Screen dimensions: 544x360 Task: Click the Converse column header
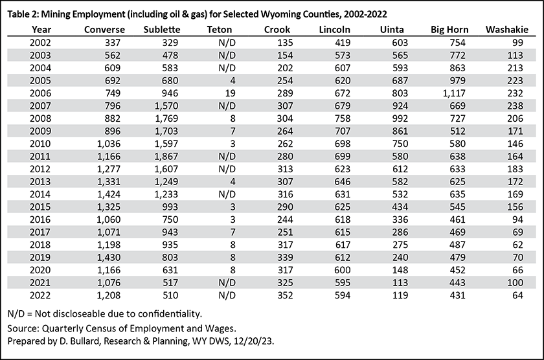pos(104,30)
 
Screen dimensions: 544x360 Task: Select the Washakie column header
pos(507,30)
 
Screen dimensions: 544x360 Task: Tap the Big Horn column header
pos(449,30)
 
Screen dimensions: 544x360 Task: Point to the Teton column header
pos(220,30)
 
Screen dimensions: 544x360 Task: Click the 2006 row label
pos(40,93)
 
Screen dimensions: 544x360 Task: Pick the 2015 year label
pos(40,207)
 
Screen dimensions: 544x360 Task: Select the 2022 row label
pos(40,295)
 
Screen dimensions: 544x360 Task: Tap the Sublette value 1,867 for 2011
pos(166,157)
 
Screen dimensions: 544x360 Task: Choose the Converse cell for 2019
pos(109,257)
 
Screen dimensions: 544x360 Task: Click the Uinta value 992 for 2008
pos(400,118)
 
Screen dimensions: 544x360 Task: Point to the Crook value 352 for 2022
pos(285,295)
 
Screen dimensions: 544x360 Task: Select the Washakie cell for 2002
pos(517,43)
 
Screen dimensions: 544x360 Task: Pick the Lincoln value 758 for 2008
pos(343,118)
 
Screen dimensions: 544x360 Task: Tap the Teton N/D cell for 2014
pos(227,194)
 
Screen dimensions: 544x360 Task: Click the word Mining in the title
pos(54,14)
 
